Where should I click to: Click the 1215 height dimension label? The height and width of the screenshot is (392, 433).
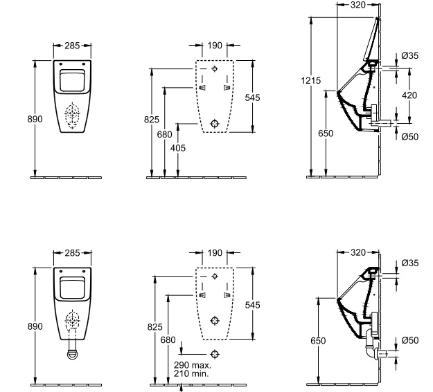pos(310,80)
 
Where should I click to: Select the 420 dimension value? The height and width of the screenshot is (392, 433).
pos(409,95)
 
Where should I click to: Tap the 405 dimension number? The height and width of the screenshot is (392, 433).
pos(178,149)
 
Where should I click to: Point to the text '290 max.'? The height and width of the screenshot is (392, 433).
pos(193,365)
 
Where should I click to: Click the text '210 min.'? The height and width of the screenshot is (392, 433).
pos(191,373)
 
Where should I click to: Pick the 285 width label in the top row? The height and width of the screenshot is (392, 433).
pos(72,46)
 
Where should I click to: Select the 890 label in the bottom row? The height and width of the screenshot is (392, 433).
pos(35,326)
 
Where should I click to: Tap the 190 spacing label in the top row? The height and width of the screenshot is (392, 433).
pos(215,45)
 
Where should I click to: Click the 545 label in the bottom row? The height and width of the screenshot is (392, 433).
pos(252,305)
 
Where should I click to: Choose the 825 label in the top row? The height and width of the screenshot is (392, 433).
pos(152,120)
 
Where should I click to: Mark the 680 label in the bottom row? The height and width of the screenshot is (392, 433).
pos(168,340)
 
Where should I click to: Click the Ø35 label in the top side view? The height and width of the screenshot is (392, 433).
pos(410,56)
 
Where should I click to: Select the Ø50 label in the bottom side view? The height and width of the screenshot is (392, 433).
pos(410,340)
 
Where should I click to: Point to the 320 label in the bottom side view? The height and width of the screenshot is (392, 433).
pos(358,252)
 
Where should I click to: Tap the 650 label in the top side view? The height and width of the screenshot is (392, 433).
pos(326,133)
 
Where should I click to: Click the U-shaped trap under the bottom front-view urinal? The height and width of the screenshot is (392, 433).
pos(72,354)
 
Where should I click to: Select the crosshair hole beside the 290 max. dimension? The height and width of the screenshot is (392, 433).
pos(215,354)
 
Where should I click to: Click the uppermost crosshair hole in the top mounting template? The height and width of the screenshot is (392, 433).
pos(215,68)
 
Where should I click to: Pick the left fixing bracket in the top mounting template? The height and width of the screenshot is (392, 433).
pos(202,88)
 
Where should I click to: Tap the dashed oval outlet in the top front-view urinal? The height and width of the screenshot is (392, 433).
pos(72,115)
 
